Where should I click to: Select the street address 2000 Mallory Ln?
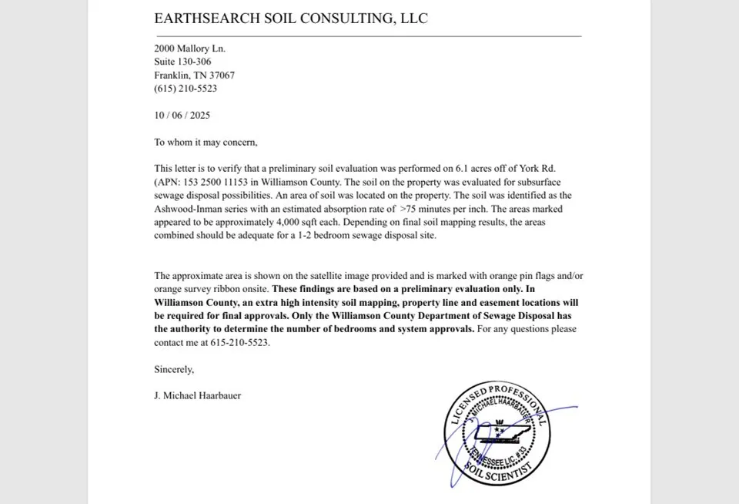189,49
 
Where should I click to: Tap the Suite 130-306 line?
182,62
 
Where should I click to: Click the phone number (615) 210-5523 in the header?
186,89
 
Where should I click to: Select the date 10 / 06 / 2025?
182,116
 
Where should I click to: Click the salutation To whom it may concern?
206,143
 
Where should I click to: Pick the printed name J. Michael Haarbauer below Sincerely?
197,396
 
